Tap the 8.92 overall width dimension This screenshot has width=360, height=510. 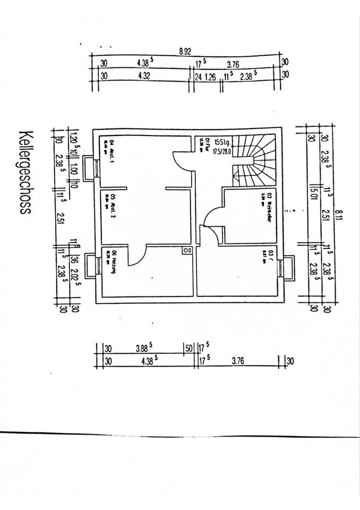pyautogui.click(x=185, y=52)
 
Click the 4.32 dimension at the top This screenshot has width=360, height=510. pyautogui.click(x=143, y=76)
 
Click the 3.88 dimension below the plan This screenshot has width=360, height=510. pyautogui.click(x=143, y=348)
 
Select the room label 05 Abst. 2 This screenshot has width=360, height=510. pyautogui.click(x=109, y=202)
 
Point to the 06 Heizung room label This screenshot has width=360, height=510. pyautogui.click(x=109, y=263)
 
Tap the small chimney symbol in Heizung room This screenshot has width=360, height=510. pyautogui.click(x=187, y=250)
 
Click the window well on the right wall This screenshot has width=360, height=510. pyautogui.click(x=288, y=267)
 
